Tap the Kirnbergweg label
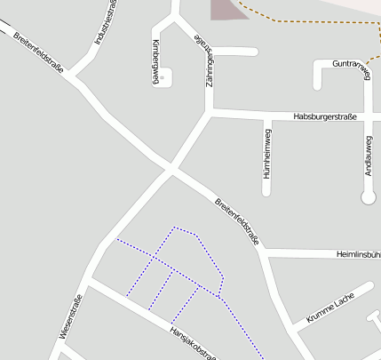coord(155,62)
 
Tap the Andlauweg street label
coord(369,156)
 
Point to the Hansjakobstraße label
coord(194,343)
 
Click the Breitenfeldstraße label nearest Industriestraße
coord(39,52)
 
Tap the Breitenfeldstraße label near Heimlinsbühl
coord(238,222)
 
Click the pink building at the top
coord(225,9)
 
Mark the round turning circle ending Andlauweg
coord(369,196)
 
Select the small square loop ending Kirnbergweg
coord(166,77)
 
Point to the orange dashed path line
coord(311,20)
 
